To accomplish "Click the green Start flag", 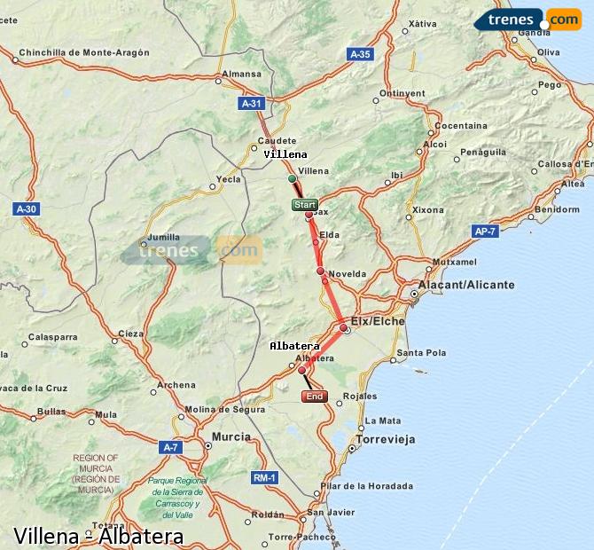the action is tap(304, 205).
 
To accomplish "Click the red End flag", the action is tap(315, 397).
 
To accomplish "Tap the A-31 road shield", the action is tap(252, 104).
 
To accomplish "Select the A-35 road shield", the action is tap(358, 54).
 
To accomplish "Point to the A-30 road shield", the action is tap(27, 209).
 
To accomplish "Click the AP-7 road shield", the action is tap(484, 231).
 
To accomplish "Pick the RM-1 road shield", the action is tap(265, 478).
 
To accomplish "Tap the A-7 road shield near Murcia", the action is tap(170, 448).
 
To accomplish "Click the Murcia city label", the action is tap(231, 437).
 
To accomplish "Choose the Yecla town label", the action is tap(229, 178).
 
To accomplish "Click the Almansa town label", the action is tap(242, 75).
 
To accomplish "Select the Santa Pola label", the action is tap(422, 352).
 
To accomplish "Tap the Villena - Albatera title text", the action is tap(98, 536).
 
